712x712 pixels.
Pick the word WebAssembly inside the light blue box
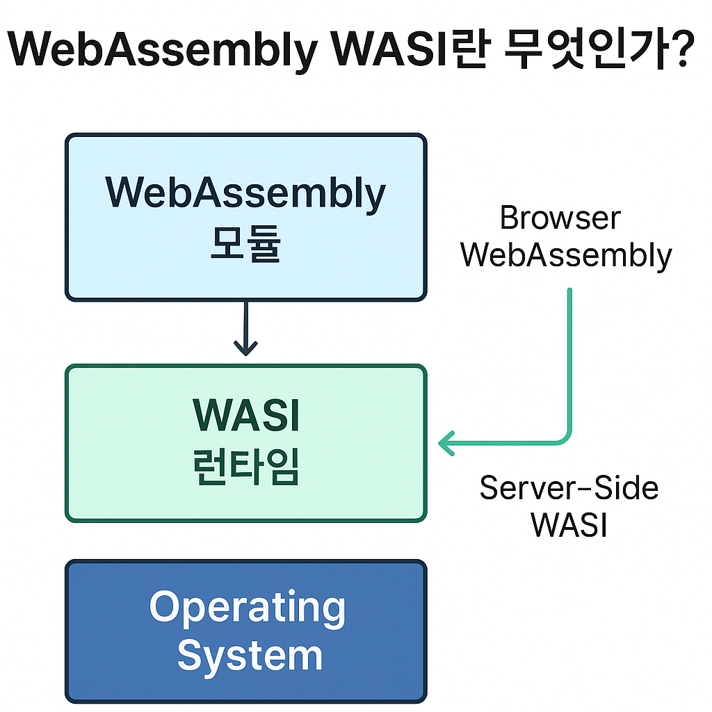pos(245,193)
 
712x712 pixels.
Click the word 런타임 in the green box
pos(245,467)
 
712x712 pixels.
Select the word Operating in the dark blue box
pos(247,607)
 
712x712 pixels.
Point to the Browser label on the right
pos(560,218)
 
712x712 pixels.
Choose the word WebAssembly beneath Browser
pos(566,255)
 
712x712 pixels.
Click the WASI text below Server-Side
pos(569,525)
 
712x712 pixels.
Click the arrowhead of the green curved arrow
pos(445,442)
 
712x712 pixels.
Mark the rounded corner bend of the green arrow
pos(565,436)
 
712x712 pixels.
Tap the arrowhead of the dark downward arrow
pos(245,348)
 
